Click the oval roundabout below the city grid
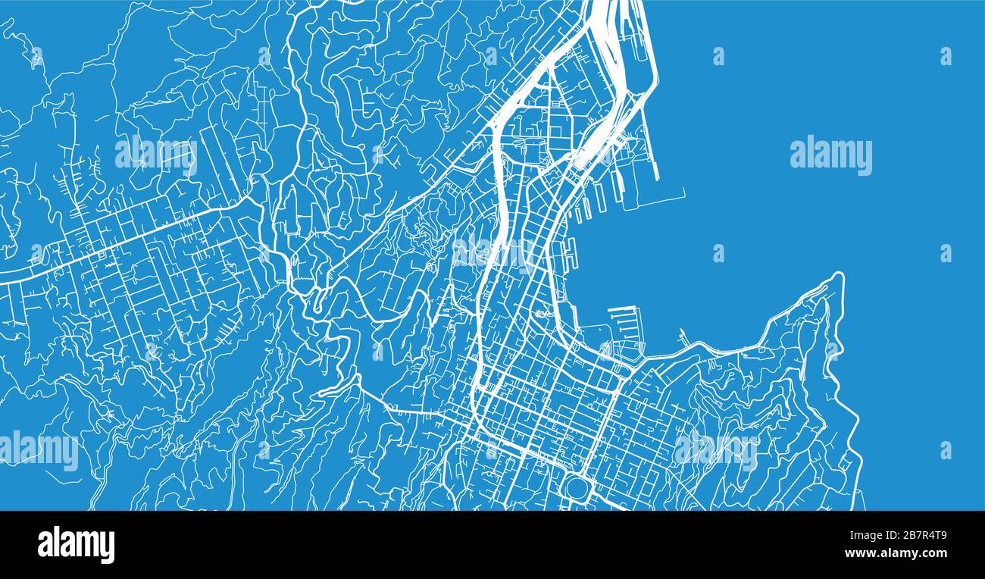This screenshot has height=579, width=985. pos(577,487)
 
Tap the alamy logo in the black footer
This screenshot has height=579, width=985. pos(76,545)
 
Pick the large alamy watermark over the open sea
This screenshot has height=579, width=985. pos(830,155)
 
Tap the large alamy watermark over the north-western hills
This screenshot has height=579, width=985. pos(155,154)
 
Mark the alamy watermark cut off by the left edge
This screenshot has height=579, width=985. pos(38,450)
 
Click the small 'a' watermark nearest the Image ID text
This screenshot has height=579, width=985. pos(945,450)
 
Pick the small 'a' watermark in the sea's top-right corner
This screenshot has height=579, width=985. pos(945,56)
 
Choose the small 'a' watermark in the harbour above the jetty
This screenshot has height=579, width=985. pos(717,252)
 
